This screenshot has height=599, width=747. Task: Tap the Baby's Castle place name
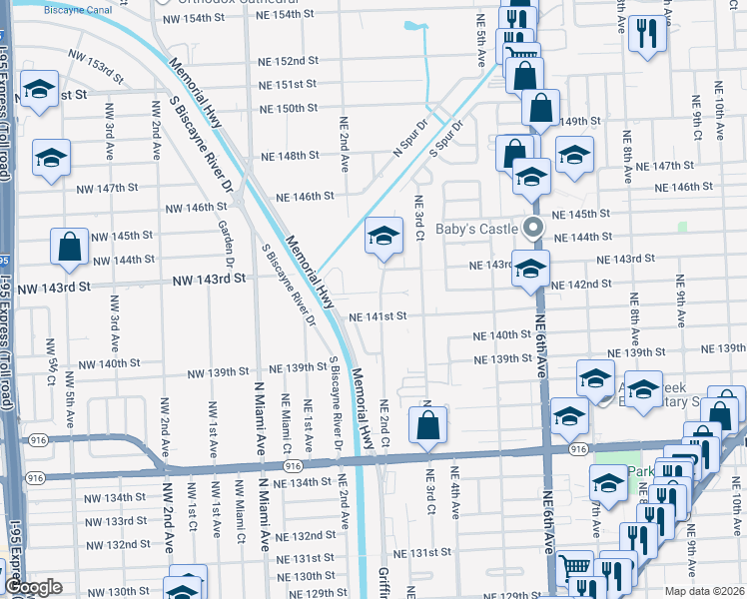pos(476,229)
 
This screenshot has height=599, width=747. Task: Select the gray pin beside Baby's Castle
pos(533,227)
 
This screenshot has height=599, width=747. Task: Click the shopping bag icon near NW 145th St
pos(69,249)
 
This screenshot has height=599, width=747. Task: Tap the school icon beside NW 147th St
pos(51,158)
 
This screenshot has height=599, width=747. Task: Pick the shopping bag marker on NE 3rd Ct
pos(427,423)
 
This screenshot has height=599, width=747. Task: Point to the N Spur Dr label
pos(409,139)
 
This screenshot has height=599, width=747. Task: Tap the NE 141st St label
pos(377,316)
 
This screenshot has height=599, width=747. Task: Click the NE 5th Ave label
pos(481,44)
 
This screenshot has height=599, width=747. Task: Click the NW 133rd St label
pos(115,521)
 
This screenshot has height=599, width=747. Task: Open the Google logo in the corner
pos(33,588)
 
